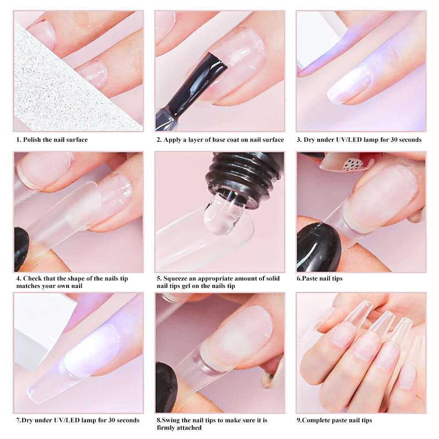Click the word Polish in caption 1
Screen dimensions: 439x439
(x=32, y=140)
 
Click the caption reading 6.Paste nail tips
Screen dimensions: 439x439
(x=320, y=278)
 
